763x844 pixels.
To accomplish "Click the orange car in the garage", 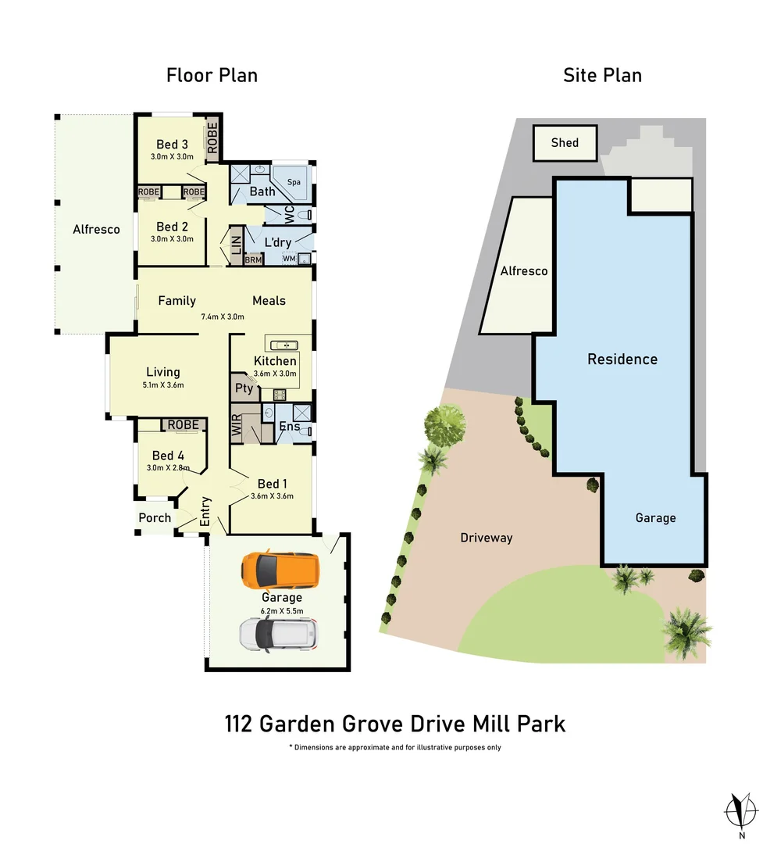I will click(x=280, y=572).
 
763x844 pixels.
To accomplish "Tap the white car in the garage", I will click(x=280, y=633).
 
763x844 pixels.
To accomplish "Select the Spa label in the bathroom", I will click(x=294, y=181).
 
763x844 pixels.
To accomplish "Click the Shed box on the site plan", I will click(x=565, y=142).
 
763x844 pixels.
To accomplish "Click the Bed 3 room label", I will click(x=172, y=144).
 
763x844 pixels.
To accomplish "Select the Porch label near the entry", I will click(x=155, y=517).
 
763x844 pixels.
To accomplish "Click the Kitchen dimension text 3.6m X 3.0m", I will click(x=275, y=374).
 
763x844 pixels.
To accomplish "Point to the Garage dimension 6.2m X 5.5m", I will click(x=281, y=610).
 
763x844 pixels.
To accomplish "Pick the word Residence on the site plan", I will click(x=622, y=359).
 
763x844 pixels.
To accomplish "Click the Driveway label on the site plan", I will click(x=486, y=538).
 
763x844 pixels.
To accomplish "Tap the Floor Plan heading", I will click(x=212, y=75).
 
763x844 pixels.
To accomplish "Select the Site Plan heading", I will click(x=602, y=75).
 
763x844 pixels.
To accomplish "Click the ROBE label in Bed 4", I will click(x=183, y=424).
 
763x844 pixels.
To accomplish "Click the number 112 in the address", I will click(x=239, y=723).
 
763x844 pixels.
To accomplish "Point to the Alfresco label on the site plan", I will click(x=523, y=271).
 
